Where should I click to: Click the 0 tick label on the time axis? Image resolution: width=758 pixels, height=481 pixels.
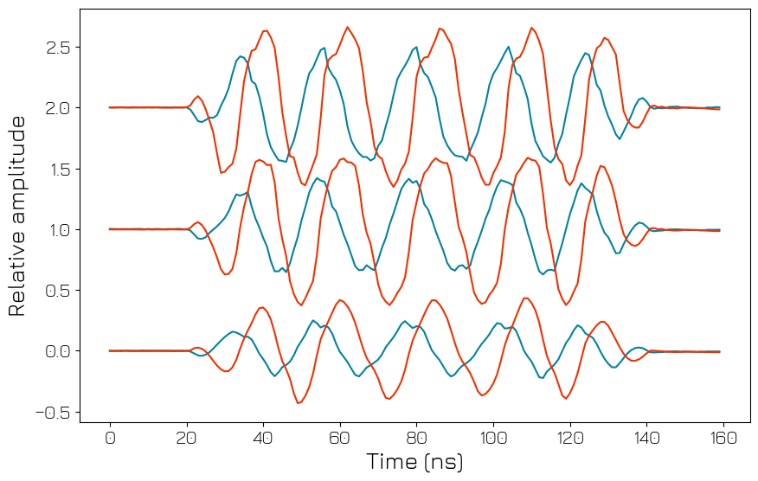click(x=110, y=438)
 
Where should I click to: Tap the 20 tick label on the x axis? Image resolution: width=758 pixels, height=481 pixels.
click(x=187, y=438)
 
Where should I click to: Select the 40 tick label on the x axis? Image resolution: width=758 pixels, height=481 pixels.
click(x=263, y=438)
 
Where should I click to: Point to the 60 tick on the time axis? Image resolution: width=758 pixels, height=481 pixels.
click(x=340, y=438)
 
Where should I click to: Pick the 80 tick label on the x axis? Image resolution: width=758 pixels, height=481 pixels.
click(x=416, y=438)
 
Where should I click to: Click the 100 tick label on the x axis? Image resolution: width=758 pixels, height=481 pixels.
click(x=493, y=438)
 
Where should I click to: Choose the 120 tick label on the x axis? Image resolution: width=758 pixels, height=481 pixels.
click(x=570, y=438)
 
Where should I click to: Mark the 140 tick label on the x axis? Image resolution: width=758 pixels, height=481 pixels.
click(x=646, y=438)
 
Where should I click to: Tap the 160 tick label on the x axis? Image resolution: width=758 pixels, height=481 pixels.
click(x=723, y=438)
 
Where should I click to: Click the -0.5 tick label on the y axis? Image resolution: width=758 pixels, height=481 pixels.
click(x=53, y=412)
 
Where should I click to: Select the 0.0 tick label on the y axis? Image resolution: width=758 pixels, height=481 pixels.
click(x=58, y=351)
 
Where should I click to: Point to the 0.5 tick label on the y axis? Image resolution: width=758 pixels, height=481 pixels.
click(x=58, y=291)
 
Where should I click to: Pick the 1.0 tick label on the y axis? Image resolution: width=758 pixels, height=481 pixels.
click(x=58, y=229)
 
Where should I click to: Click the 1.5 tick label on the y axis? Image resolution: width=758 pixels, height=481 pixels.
click(x=58, y=169)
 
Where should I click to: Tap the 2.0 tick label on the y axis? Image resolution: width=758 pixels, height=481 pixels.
click(x=58, y=108)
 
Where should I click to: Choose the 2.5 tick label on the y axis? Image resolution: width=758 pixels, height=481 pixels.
click(x=58, y=47)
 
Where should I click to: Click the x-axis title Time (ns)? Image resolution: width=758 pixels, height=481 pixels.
click(x=415, y=462)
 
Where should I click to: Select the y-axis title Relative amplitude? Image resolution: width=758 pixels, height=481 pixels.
click(x=17, y=215)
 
